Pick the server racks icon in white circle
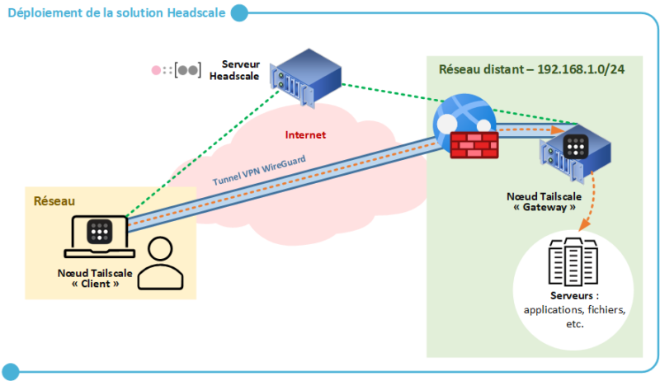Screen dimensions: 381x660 pyautogui.click(x=572, y=260)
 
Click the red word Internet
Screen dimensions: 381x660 pyautogui.click(x=305, y=134)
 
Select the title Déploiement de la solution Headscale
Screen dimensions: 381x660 pyautogui.click(x=115, y=13)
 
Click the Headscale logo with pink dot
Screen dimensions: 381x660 pyautogui.click(x=176, y=70)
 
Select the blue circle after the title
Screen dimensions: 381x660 pyautogui.click(x=239, y=13)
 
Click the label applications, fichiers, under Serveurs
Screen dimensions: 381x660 pyautogui.click(x=575, y=310)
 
